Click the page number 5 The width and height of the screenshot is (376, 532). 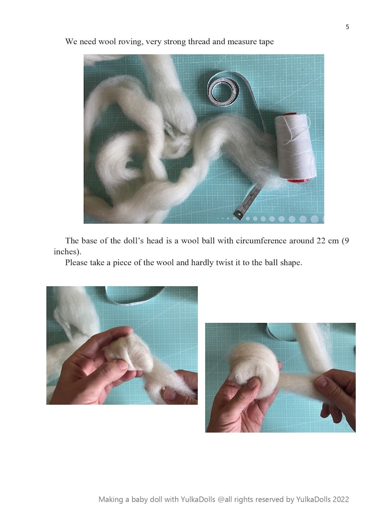[347, 27]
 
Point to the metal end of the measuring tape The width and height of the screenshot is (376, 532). [240, 215]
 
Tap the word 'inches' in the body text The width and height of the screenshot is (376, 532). [66, 251]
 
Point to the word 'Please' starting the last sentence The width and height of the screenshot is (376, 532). [77, 262]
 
